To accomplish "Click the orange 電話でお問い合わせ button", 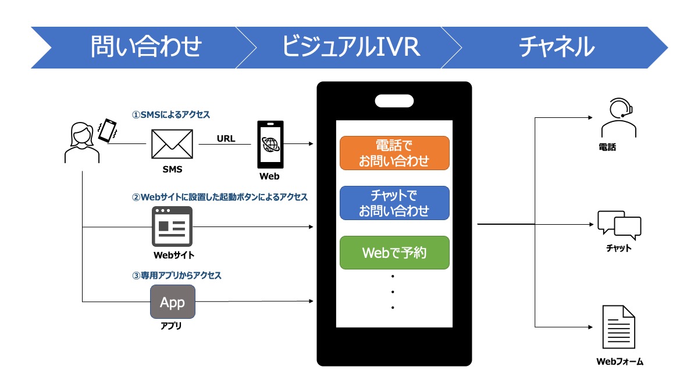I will [x=394, y=153].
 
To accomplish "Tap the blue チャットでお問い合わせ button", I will [x=394, y=203].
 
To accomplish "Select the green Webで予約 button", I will [x=394, y=253].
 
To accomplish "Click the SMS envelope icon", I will [x=172, y=143].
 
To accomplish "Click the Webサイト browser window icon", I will [x=172, y=226].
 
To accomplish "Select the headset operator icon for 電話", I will [x=619, y=119].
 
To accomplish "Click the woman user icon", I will [x=81, y=142].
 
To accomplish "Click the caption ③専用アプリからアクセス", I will [x=177, y=275].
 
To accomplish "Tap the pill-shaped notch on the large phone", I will [x=394, y=100].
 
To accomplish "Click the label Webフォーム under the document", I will [x=619, y=362].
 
